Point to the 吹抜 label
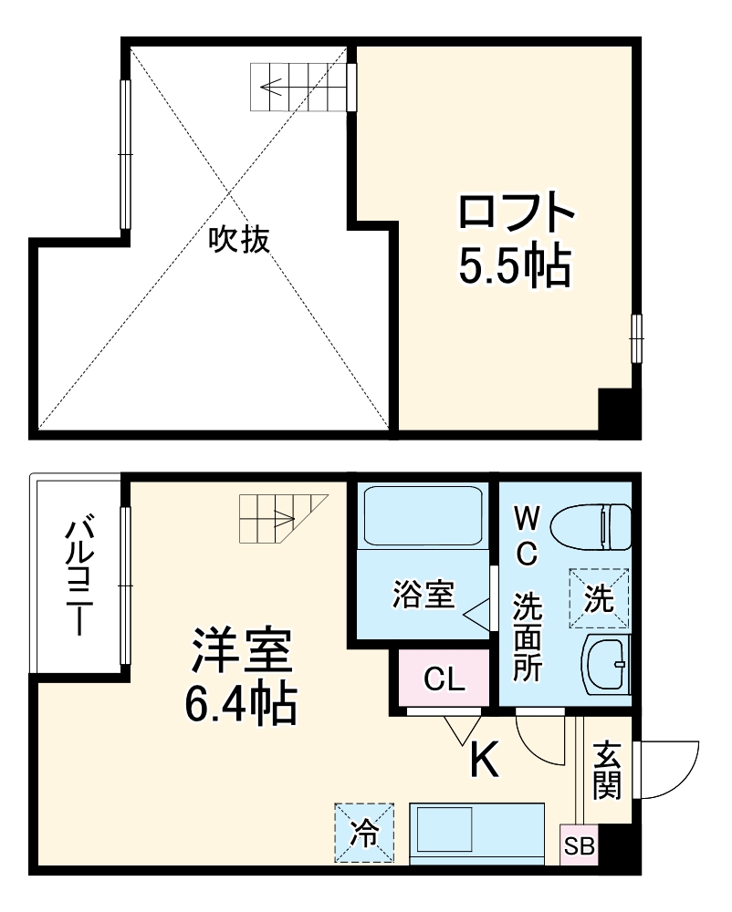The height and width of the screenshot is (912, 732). coord(239,239)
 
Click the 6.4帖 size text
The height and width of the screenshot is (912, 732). coord(241,703)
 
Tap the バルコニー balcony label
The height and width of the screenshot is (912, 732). coord(80,576)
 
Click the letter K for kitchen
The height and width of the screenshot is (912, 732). coord(484,759)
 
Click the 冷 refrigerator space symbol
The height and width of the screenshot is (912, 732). coord(363,832)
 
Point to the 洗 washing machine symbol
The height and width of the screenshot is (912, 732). coord(600,598)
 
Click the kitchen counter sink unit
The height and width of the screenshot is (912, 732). coord(476,832)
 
